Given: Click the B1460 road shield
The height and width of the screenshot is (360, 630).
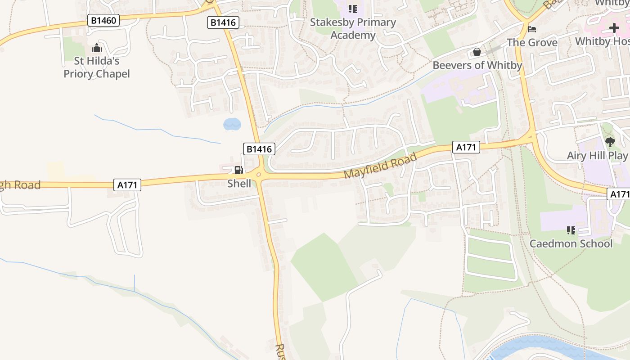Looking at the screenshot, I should [x=103, y=20].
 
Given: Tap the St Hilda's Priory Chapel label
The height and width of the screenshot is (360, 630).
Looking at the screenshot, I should [x=96, y=67].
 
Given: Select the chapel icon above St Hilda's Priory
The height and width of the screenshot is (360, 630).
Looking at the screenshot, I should [x=96, y=48].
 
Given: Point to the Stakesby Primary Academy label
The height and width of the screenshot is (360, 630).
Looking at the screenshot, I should [x=353, y=28].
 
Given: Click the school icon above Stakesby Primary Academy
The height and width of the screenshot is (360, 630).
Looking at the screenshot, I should [x=353, y=9].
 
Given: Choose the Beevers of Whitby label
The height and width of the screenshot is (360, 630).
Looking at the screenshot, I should [x=477, y=65].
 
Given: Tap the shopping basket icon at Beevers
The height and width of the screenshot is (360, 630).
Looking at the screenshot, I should [x=477, y=52].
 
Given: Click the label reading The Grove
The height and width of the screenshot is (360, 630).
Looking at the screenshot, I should [x=532, y=43].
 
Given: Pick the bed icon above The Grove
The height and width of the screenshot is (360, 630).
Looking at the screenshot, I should [x=532, y=30].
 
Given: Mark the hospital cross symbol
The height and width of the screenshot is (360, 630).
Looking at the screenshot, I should [x=614, y=28].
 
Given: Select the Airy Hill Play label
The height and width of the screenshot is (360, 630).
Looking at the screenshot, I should [x=597, y=156].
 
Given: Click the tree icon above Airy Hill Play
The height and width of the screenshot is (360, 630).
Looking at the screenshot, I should [x=610, y=143].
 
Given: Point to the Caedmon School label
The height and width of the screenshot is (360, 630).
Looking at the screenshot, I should [x=571, y=244].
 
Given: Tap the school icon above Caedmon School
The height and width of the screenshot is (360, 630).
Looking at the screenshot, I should [x=571, y=231].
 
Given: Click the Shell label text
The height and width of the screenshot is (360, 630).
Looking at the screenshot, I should [x=239, y=183].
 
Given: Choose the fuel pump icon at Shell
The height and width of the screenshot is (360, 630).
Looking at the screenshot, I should [x=238, y=170].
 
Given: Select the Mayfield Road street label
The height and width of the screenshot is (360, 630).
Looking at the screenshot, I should [x=380, y=166].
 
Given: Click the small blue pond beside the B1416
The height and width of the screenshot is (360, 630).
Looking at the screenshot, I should [x=232, y=124].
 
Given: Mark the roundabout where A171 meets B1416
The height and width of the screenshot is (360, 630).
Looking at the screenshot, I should [x=258, y=175].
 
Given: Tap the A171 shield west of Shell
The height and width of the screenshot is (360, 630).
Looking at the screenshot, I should [x=127, y=184].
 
